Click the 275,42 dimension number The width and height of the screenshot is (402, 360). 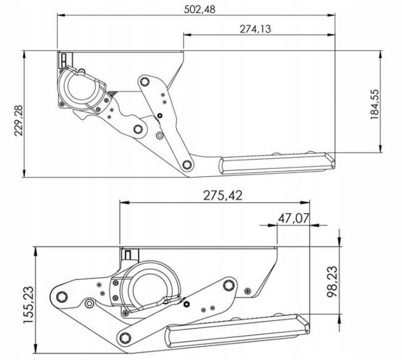point(219,195)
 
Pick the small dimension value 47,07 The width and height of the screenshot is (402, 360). point(294,218)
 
